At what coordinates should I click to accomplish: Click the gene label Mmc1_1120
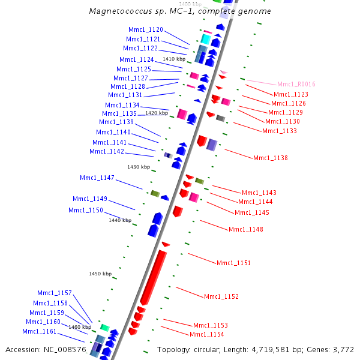(145, 29)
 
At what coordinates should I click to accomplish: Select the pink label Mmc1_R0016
(296, 85)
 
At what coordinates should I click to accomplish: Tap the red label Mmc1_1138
(270, 158)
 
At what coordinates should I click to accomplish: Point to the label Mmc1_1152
(221, 297)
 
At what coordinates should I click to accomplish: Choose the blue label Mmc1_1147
(97, 178)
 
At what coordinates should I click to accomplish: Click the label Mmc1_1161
(39, 332)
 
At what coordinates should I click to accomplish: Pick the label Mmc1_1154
(206, 335)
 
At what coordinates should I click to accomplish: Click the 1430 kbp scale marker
(138, 167)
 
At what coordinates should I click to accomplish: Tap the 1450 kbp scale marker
(100, 274)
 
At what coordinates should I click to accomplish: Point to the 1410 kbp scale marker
(174, 59)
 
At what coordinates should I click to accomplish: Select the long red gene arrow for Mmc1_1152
(153, 277)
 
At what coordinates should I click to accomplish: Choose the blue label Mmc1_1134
(122, 106)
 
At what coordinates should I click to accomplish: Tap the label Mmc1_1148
(245, 229)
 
